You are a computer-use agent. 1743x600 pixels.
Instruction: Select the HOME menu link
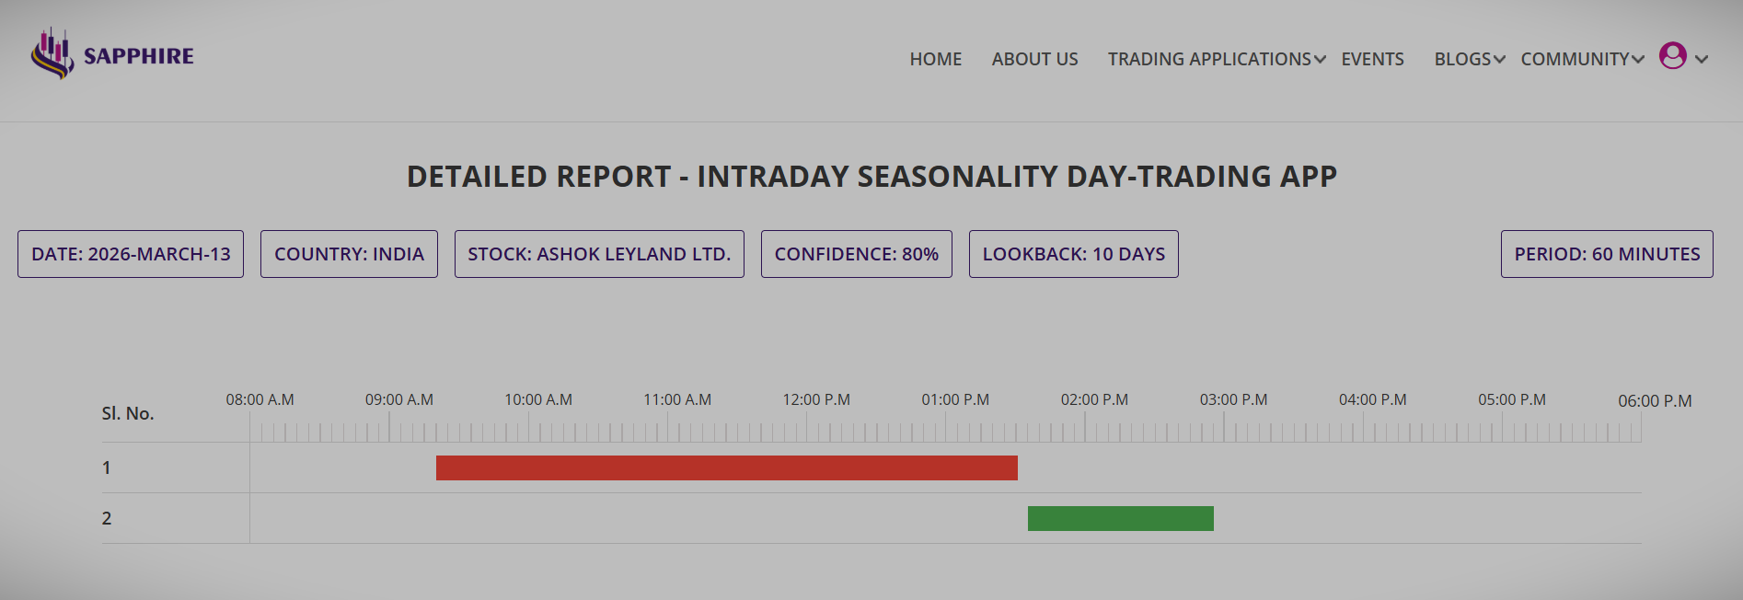tap(935, 59)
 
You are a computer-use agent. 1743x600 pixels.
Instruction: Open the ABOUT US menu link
tap(1034, 59)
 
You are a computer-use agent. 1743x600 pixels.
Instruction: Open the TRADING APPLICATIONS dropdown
tap(1216, 59)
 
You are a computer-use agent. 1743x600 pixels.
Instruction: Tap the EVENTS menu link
tap(1372, 59)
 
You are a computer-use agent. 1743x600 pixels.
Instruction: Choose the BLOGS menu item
tap(1469, 59)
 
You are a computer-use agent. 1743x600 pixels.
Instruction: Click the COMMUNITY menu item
tap(1581, 59)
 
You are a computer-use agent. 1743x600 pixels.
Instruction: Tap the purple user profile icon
tap(1672, 56)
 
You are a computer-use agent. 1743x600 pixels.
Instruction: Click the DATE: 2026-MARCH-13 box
tap(131, 254)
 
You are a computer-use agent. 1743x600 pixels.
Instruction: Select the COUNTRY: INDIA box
tap(349, 254)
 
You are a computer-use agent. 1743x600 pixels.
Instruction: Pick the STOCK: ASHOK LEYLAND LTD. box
tap(599, 254)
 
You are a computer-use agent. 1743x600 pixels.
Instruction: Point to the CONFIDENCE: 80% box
tap(856, 254)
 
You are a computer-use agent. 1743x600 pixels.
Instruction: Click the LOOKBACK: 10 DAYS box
tap(1073, 254)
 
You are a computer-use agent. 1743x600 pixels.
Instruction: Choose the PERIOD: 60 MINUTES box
tap(1607, 254)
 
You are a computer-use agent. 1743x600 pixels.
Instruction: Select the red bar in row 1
tap(726, 467)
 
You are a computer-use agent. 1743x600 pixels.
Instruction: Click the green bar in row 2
tap(1120, 518)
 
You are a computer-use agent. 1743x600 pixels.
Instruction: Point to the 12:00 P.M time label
tap(816, 399)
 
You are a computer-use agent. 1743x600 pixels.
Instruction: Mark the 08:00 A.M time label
tap(260, 399)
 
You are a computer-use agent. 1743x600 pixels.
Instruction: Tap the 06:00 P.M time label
tap(1655, 401)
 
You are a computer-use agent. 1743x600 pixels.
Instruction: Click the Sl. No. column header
tap(128, 413)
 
